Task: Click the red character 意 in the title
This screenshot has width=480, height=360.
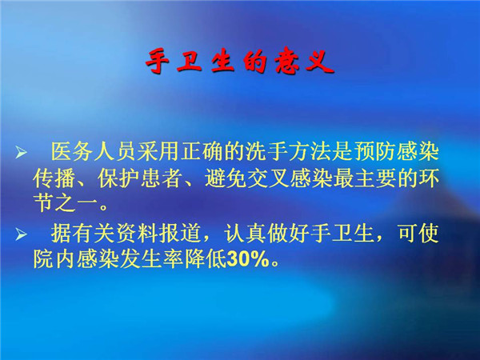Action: coord(287,61)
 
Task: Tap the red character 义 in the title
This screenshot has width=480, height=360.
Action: coord(319,62)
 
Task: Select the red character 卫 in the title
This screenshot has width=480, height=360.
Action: coord(189,61)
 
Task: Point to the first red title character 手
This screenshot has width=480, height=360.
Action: coord(157,61)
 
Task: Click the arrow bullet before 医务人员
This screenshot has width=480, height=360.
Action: coord(21,152)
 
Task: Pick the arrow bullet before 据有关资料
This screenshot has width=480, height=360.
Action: coord(21,234)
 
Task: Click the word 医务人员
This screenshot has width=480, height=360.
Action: coord(93,151)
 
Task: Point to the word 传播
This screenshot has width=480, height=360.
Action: coord(54,178)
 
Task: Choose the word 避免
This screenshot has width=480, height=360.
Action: coord(226,178)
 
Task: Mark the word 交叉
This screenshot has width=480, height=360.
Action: coord(269,178)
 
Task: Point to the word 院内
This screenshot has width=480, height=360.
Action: coord(54,259)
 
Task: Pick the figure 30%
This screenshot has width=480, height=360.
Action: coord(248,260)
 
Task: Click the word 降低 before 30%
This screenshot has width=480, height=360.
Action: coord(205,259)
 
